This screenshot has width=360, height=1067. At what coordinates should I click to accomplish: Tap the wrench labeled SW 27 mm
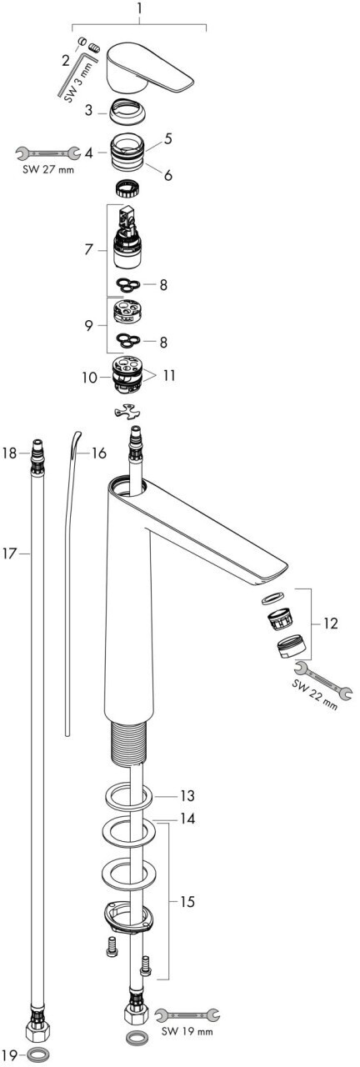coord(47,153)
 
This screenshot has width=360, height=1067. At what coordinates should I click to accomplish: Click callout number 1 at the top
coord(138,8)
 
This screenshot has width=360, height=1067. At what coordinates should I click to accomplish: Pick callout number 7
coord(88,249)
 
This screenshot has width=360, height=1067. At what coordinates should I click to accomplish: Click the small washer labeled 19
coord(37,1052)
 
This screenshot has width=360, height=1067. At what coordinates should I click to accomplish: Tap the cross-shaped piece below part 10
coord(128,412)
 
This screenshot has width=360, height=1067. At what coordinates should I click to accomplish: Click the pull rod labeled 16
coord(69,581)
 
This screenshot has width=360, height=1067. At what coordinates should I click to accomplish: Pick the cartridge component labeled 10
coord(127,375)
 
